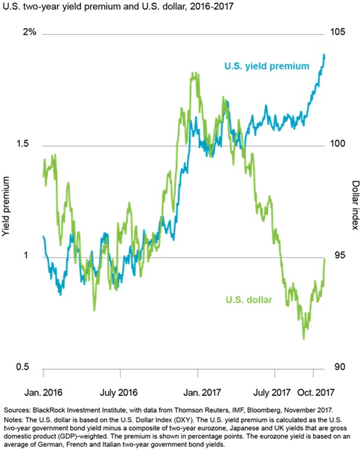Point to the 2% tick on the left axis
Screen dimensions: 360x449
(x=30, y=32)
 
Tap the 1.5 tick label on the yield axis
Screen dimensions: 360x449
(x=22, y=143)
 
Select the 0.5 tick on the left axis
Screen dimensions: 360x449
(x=22, y=367)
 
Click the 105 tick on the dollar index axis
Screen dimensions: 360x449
(x=338, y=32)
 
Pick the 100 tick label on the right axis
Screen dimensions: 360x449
(x=338, y=143)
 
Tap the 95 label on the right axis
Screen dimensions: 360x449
(x=340, y=255)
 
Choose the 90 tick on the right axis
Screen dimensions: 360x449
(x=340, y=367)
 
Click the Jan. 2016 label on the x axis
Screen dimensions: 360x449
(x=43, y=392)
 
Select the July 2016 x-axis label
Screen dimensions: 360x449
(x=119, y=392)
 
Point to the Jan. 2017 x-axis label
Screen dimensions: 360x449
(x=202, y=392)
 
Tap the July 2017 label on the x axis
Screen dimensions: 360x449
(x=272, y=392)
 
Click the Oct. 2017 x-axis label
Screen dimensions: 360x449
(x=316, y=392)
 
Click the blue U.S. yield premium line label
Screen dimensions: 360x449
(x=267, y=66)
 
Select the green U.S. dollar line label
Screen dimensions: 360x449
(x=248, y=300)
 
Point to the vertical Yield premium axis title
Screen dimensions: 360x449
(x=6, y=206)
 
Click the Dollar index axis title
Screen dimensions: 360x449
(x=355, y=205)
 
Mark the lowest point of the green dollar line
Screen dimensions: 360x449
(x=303, y=339)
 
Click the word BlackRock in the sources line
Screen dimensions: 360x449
(x=47, y=410)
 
